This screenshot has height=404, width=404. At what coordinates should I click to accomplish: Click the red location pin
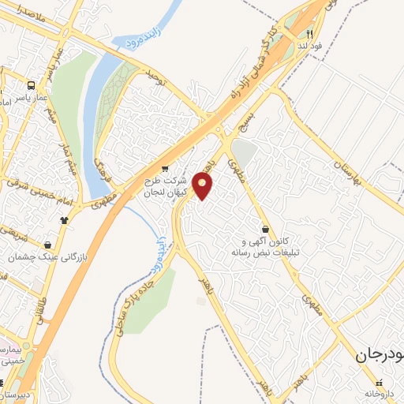[204, 186]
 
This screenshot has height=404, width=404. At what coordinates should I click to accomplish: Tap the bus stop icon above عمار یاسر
[31, 84]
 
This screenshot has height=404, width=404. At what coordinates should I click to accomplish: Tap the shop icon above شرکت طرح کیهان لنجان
[164, 167]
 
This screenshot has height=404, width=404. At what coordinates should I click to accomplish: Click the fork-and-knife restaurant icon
[310, 34]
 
